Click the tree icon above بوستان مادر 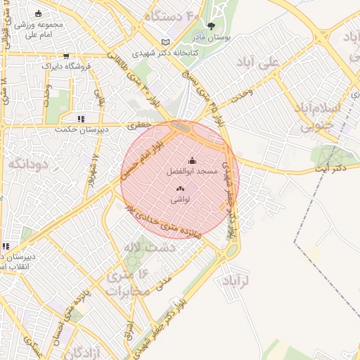click(212, 26)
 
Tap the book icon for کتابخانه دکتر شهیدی click(166, 42)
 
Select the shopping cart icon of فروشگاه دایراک click(66, 56)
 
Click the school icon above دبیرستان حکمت click(81, 119)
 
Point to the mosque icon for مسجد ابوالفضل click(192, 161)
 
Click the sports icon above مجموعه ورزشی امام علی click(38, 13)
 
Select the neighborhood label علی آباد click(279, 63)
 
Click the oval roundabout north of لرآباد click(230, 250)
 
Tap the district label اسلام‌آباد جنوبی click(320, 117)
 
